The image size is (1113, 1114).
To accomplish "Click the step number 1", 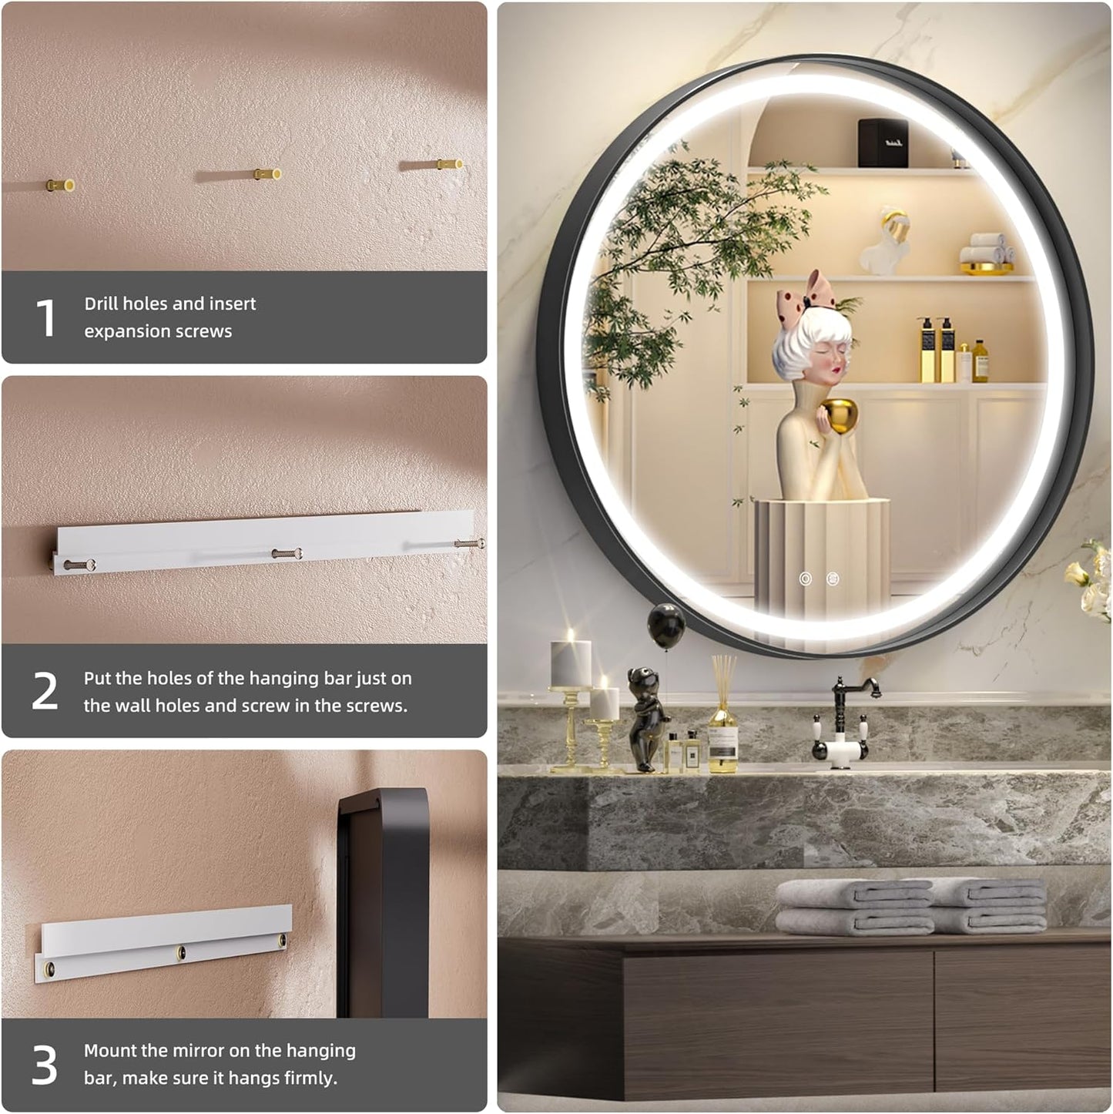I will pos(46,317).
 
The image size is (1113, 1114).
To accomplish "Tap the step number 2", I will pos(45,691).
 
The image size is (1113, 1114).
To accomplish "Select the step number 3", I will pos(45,1065).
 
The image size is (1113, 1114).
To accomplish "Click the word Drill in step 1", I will pos(102,304).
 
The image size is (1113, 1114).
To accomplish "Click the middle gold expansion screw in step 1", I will pos(268,174).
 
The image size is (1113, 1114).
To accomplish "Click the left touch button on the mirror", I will pos(806,579).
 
